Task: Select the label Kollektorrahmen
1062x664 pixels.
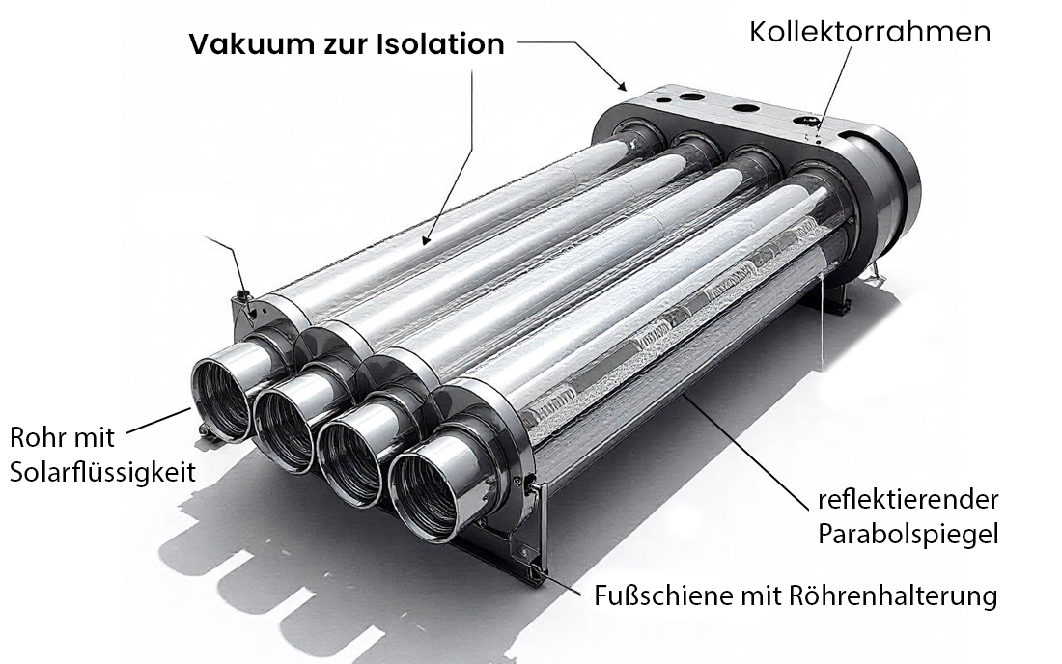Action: click(870, 32)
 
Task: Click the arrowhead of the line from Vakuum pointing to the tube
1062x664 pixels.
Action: click(424, 238)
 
